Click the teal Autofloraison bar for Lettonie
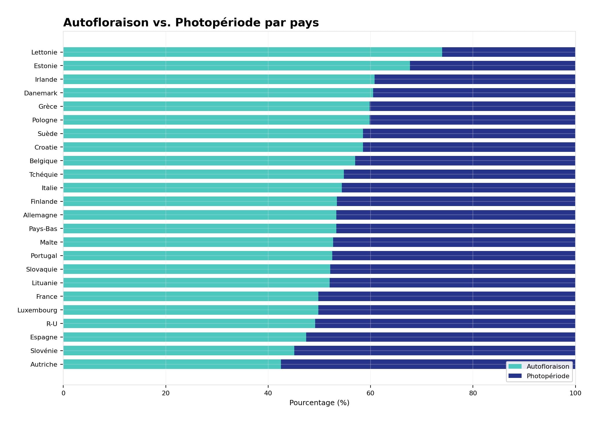click(x=252, y=52)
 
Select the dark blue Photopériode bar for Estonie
click(x=492, y=66)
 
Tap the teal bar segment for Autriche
click(x=172, y=364)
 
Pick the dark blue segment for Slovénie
click(x=434, y=351)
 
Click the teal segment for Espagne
click(x=184, y=337)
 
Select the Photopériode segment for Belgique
click(x=465, y=161)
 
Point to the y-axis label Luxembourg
click(x=37, y=310)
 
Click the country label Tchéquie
click(x=43, y=174)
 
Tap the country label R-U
click(x=52, y=324)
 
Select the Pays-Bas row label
click(x=43, y=229)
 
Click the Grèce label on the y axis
click(x=48, y=107)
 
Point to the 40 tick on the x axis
click(x=268, y=393)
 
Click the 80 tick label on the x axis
click(x=473, y=393)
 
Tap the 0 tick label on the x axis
click(x=63, y=393)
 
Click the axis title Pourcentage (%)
click(x=319, y=403)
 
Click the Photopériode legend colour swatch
click(x=515, y=376)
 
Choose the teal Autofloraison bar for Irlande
click(x=219, y=79)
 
